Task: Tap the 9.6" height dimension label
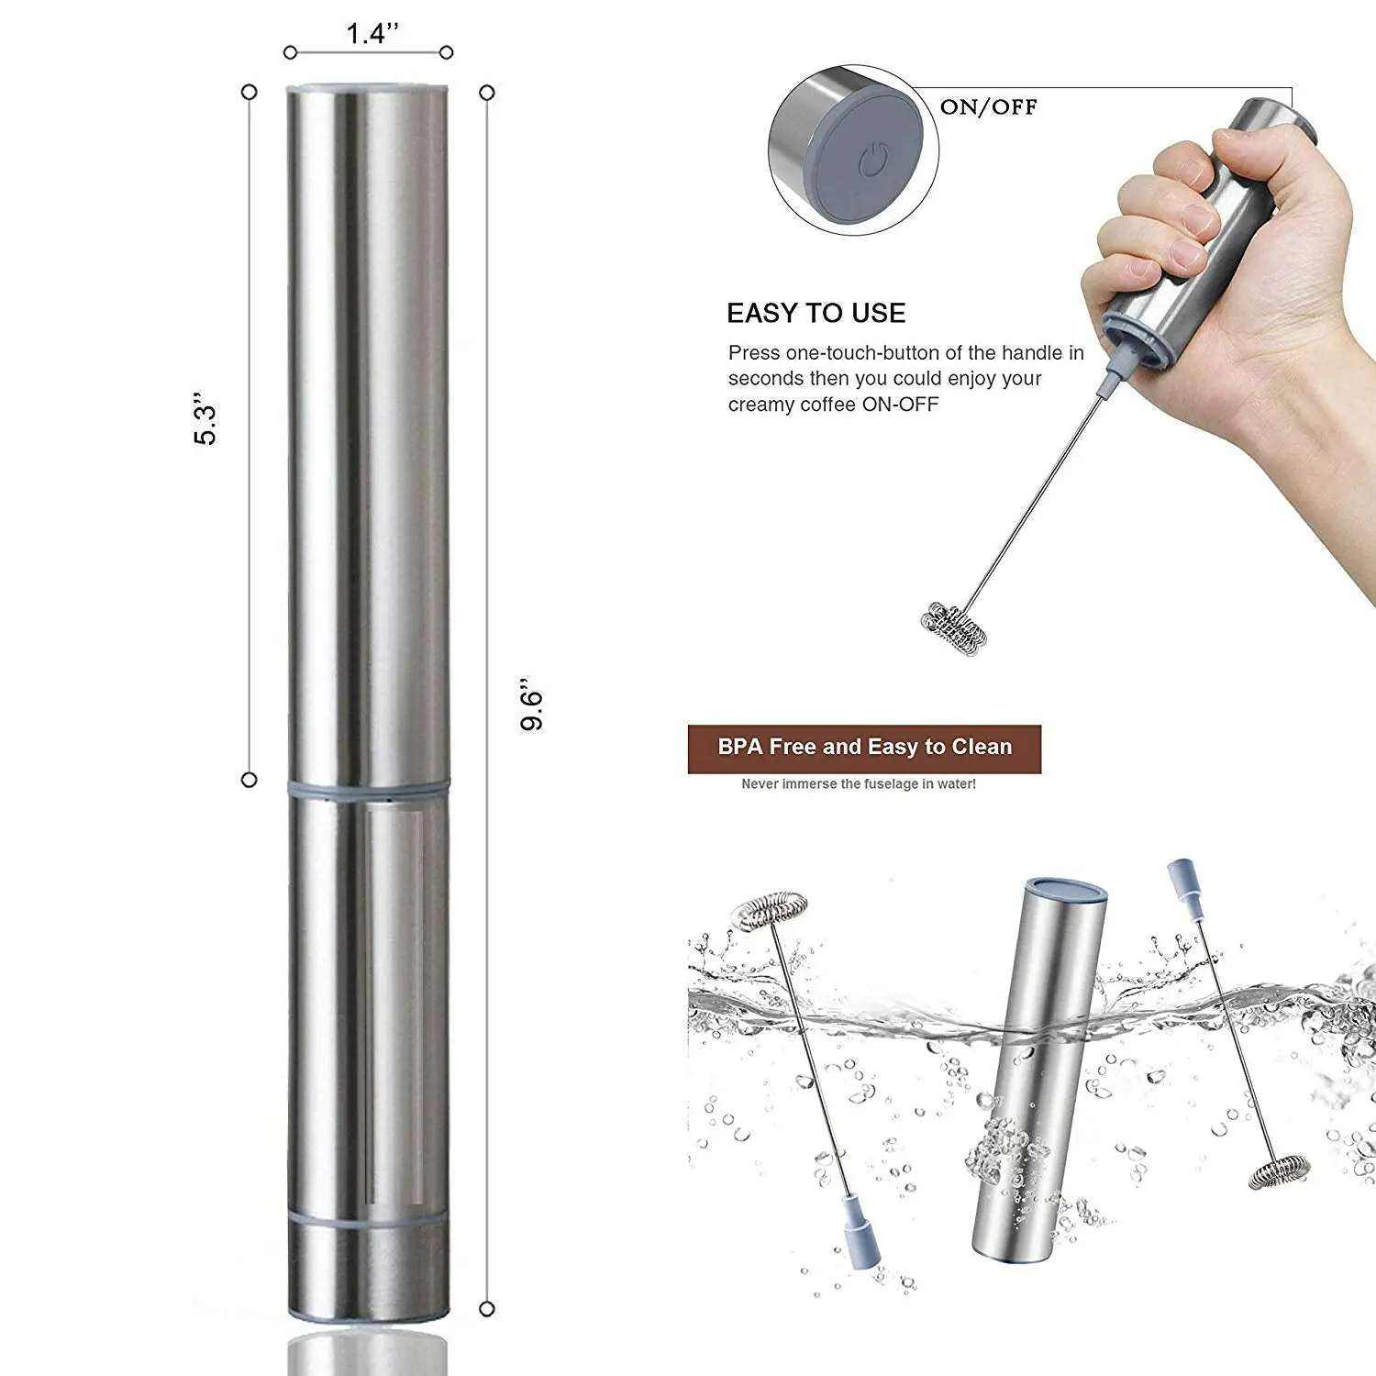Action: (x=532, y=705)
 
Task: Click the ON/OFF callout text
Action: (x=989, y=106)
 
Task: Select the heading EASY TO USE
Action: (x=816, y=314)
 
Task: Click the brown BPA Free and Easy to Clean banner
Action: (x=864, y=749)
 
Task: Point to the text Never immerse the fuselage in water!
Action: (x=859, y=784)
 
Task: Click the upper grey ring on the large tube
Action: (x=369, y=788)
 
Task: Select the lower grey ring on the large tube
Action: (x=369, y=1222)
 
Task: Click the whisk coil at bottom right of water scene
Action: (x=1279, y=1173)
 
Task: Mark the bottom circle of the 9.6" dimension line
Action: (x=487, y=1309)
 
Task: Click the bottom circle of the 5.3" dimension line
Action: (x=249, y=780)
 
